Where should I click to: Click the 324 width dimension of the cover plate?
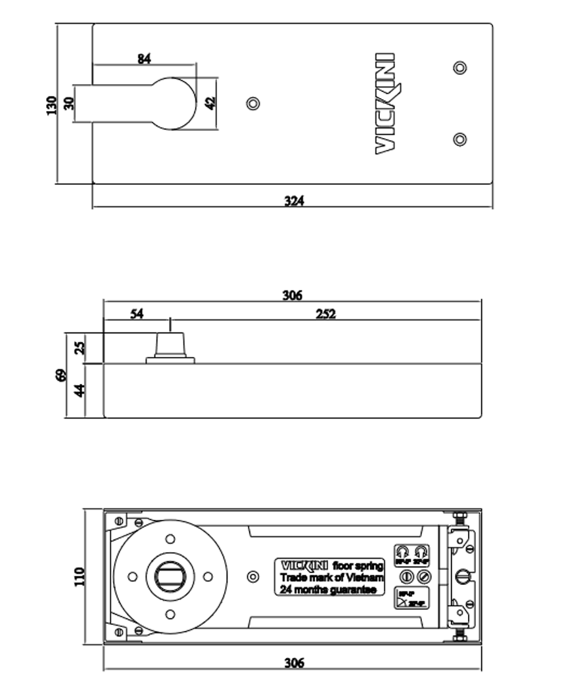tap(294, 201)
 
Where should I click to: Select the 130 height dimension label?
tap(52, 105)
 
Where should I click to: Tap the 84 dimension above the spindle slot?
tap(145, 58)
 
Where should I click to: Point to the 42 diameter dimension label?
tap(210, 103)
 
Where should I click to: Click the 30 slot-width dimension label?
tap(69, 103)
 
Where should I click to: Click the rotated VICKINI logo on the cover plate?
tap(385, 104)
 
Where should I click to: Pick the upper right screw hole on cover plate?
tap(460, 67)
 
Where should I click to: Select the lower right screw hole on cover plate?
tap(460, 139)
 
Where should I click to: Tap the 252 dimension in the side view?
tap(325, 314)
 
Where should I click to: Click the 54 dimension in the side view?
tap(136, 314)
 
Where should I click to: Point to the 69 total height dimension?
tap(61, 375)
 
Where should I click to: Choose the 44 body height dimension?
tap(80, 390)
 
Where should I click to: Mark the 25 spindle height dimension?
tap(80, 348)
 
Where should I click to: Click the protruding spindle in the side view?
tap(170, 345)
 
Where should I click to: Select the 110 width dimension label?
tap(80, 577)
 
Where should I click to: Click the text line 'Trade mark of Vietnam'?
tap(331, 578)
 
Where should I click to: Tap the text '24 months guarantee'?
tap(328, 590)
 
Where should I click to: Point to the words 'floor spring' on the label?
tap(358, 566)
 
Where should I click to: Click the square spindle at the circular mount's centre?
tap(170, 577)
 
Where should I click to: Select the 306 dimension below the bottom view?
tap(293, 663)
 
